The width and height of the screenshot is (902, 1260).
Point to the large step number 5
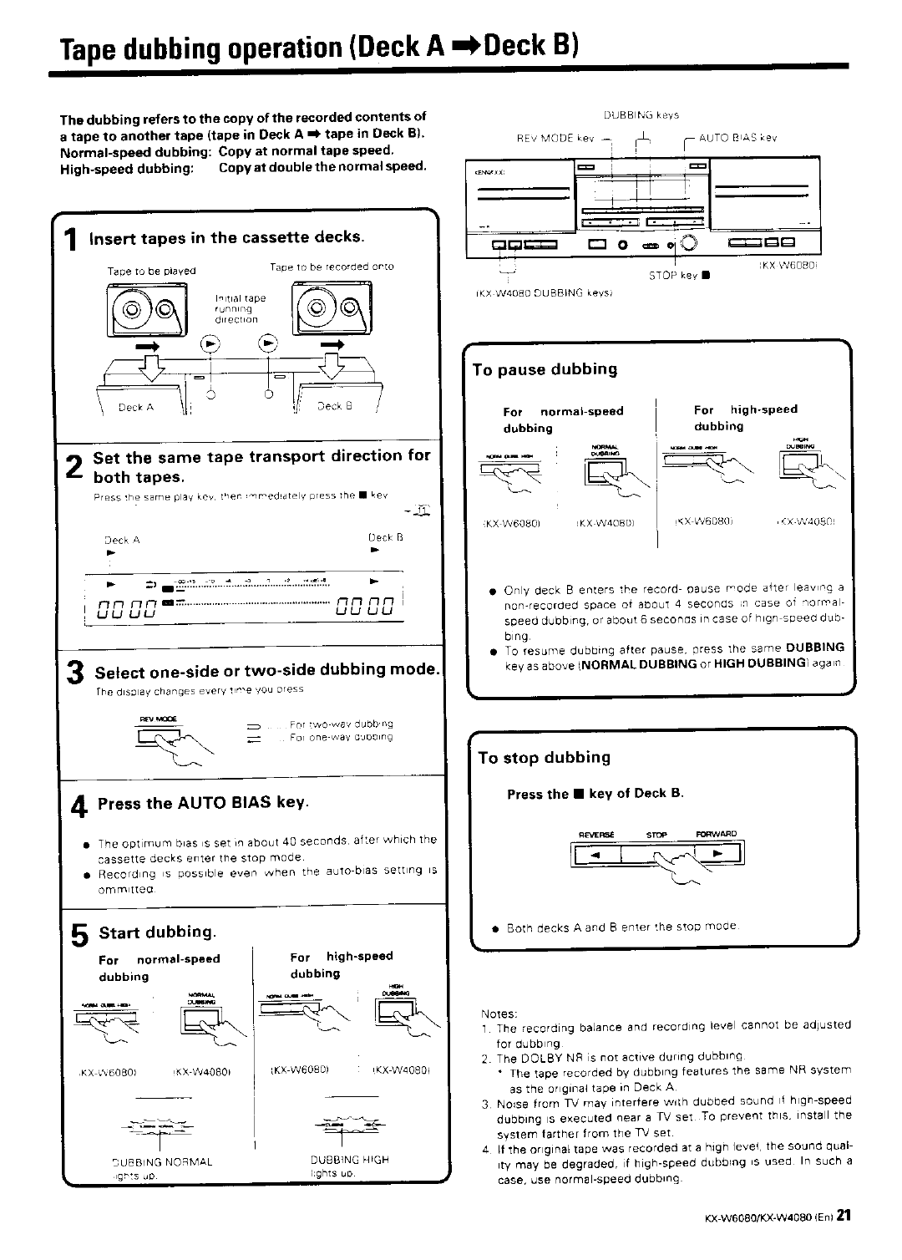(x=79, y=937)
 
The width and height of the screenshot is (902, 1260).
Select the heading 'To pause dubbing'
(x=545, y=369)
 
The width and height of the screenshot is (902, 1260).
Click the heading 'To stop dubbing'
(x=544, y=758)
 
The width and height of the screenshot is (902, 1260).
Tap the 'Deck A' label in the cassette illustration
(x=136, y=408)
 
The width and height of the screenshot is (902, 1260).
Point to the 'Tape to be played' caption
(x=151, y=272)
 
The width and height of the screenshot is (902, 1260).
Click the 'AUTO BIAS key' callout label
(x=737, y=138)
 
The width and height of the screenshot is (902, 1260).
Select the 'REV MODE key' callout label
(x=555, y=138)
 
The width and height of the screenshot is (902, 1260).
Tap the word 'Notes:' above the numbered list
(x=499, y=1012)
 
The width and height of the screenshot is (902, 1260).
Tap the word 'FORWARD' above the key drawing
(x=716, y=833)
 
